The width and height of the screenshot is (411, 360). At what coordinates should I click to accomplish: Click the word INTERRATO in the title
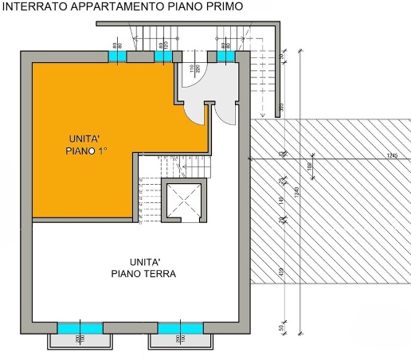coord(33,8)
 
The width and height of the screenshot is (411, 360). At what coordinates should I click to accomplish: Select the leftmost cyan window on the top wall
coord(117,57)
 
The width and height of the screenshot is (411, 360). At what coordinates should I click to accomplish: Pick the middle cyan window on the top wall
coord(165,57)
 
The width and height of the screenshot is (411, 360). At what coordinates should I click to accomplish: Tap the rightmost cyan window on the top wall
coord(221,57)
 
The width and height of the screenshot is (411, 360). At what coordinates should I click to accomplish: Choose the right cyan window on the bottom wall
coord(180,327)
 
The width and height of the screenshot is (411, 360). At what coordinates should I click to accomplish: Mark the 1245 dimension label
coord(391,155)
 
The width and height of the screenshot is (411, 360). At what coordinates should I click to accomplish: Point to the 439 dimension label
coord(281,271)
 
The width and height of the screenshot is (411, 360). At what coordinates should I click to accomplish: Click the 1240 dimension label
coord(296,191)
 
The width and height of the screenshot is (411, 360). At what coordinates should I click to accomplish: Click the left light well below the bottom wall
coord(78,341)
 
